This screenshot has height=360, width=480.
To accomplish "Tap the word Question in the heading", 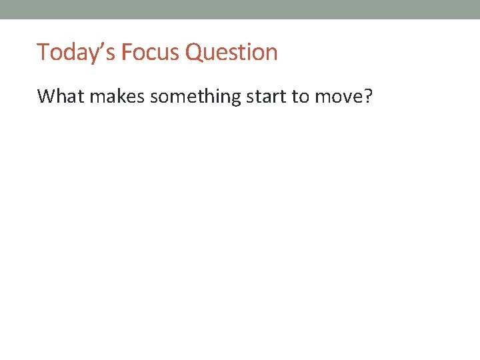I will [231, 52].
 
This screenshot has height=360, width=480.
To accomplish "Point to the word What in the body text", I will [61, 97].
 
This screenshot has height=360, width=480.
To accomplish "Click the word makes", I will [117, 97].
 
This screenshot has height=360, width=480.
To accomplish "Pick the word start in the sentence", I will [267, 97].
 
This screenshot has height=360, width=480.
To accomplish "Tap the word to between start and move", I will [302, 97].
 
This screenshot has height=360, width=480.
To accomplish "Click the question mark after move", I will [369, 97].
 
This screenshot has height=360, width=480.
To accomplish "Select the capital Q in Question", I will [194, 52].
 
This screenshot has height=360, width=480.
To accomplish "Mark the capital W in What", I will [45, 97].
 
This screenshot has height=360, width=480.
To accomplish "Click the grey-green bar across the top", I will [240, 9].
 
